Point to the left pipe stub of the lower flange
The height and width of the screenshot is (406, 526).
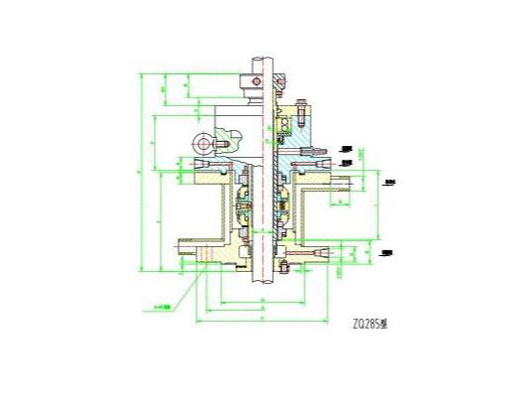tap(186, 245)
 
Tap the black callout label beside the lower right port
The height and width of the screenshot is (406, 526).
tap(388, 254)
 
